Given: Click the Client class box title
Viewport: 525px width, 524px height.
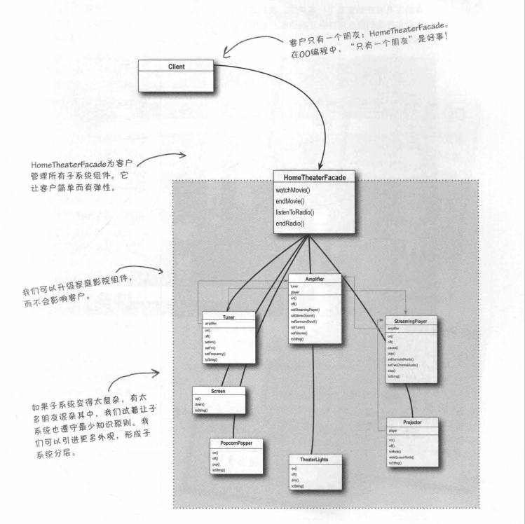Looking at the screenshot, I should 177,65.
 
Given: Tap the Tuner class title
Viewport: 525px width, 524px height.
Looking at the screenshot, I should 228,316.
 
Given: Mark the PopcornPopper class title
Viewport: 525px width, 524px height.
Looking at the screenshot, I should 236,443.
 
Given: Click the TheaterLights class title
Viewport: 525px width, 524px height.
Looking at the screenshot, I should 316,459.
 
